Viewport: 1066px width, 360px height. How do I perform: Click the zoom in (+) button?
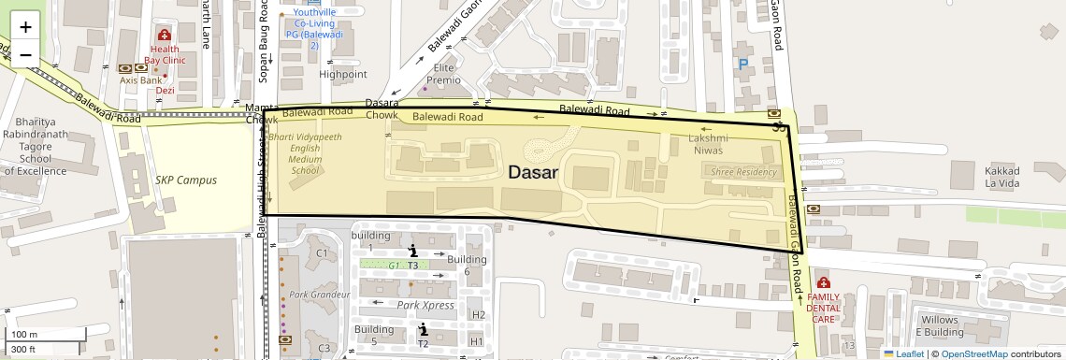point(25,26)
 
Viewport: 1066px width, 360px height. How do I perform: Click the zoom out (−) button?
point(25,54)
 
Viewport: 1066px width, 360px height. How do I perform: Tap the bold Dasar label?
point(533,173)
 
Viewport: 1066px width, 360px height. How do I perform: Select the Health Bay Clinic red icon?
point(165,35)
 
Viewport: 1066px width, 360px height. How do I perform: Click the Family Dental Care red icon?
point(823,282)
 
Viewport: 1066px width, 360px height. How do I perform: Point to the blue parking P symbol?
point(743,65)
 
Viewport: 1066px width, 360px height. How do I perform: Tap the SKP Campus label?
point(185,180)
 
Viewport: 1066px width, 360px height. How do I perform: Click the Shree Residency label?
point(743,172)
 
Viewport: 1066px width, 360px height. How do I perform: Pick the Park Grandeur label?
point(319,295)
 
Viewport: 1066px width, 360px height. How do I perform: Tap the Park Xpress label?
point(425,305)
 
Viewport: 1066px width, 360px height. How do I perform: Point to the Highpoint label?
point(343,74)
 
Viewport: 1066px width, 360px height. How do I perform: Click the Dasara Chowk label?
point(382,108)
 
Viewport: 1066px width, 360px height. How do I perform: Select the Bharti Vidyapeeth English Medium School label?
point(305,153)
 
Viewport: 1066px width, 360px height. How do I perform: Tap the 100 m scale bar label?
point(24,335)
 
